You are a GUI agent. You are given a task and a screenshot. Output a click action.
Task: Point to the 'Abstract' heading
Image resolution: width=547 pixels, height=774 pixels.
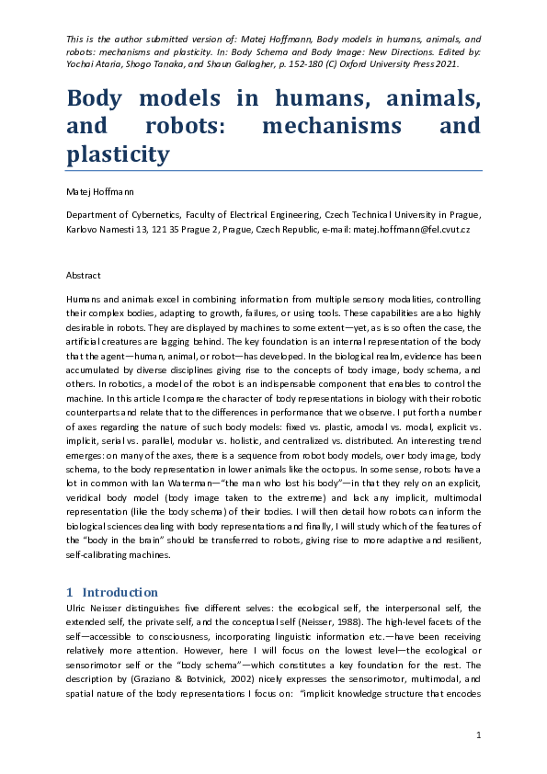coord(84,275)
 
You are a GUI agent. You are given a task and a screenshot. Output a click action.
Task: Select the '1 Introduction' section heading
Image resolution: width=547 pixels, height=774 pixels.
coord(112,592)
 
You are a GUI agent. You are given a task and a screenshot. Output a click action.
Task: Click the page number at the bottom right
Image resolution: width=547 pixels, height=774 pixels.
coord(478,734)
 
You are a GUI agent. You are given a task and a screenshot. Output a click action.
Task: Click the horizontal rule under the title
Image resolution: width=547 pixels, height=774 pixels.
coord(274,170)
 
